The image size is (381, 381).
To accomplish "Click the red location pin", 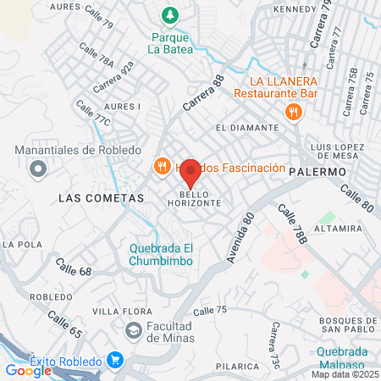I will point(190,172).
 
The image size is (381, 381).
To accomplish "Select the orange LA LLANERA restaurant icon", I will point(294,111).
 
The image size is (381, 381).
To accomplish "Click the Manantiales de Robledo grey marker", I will point(37,169).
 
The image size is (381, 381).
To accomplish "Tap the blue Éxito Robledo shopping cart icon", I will point(116,361).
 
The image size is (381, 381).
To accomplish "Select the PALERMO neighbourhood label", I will point(318,171).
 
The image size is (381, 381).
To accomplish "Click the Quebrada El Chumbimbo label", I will point(162,254).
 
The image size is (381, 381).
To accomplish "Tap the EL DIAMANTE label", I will point(247,127).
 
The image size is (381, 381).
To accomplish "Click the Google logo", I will point(28,370).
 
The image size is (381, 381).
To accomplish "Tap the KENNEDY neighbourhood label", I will point(292,9).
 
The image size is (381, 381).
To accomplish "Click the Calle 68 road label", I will point(74,272).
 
